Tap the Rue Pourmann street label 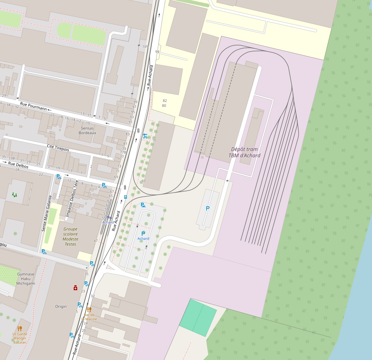(33, 106)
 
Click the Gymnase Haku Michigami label (26, 279)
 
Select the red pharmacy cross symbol (75, 288)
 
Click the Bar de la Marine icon (89, 310)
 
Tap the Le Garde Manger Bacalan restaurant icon (20, 328)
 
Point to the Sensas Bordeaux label (88, 130)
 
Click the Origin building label (61, 306)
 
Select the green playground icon (14, 194)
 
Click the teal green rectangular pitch (198, 317)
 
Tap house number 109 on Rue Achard (145, 47)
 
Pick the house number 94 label (157, 52)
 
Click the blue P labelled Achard (143, 234)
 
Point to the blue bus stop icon (125, 197)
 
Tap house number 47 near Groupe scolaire (96, 240)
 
